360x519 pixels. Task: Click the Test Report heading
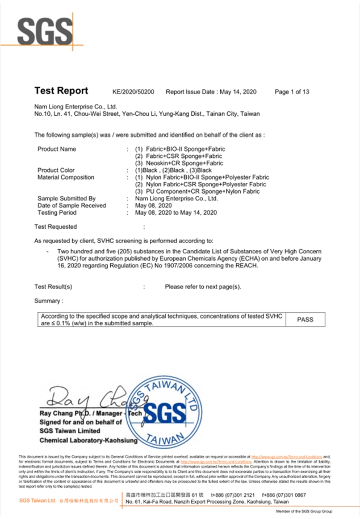pyautogui.click(x=61, y=91)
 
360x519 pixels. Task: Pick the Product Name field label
pyautogui.click(x=57, y=149)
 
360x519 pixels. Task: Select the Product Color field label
pyautogui.click(x=56, y=170)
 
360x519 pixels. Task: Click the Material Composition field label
pyautogui.click(x=66, y=177)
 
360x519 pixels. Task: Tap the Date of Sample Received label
pyautogui.click(x=72, y=206)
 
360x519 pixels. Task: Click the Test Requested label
pyautogui.click(x=56, y=226)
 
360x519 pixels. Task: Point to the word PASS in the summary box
pyautogui.click(x=305, y=320)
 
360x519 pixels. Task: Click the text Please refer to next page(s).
pyautogui.click(x=203, y=287)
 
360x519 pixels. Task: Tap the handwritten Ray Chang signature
pyautogui.click(x=85, y=396)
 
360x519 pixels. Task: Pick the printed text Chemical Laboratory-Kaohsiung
pyautogui.click(x=89, y=440)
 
